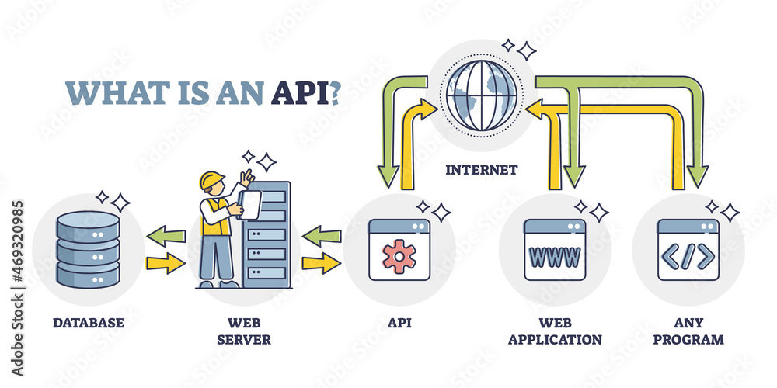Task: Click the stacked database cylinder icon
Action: (x=89, y=249)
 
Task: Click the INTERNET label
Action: (x=482, y=169)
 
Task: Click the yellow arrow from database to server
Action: (x=166, y=264)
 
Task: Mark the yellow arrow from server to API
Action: (x=321, y=264)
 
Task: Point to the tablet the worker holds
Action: (x=249, y=206)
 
